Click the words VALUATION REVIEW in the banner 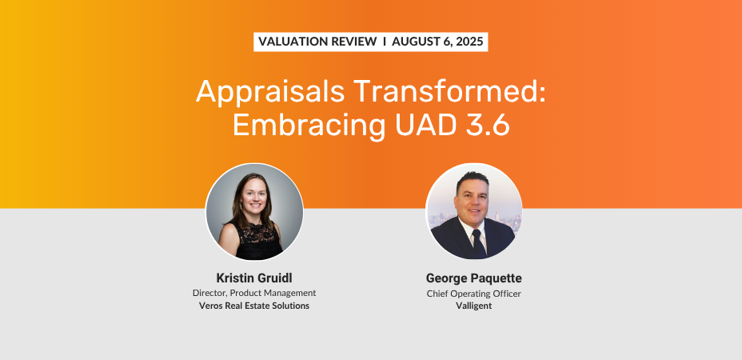tap(317, 42)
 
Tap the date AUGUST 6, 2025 tap(437, 42)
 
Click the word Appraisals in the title tap(270, 92)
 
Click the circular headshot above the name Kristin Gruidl tap(254, 212)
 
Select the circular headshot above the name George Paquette tap(473, 212)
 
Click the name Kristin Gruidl tap(254, 278)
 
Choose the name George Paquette tap(473, 278)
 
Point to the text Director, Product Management tap(254, 293)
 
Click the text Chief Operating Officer tap(473, 294)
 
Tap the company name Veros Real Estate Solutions tap(254, 306)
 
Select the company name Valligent tap(473, 306)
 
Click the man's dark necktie tap(479, 242)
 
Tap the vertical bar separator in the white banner tap(385, 42)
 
